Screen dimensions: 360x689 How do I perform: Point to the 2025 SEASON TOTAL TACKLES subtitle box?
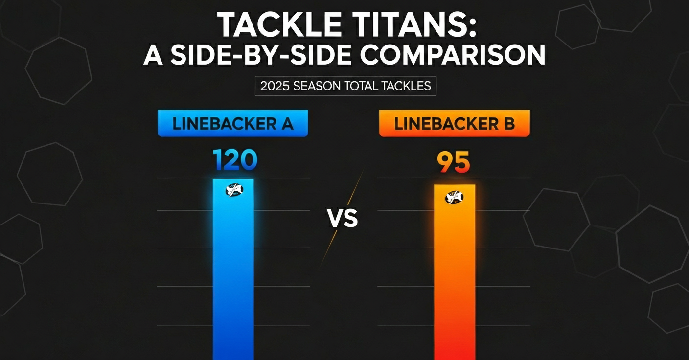[345, 87]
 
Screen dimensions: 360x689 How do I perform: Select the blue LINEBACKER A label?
[232, 123]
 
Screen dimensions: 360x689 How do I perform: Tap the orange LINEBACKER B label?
[454, 124]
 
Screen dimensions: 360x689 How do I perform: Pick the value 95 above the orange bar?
[454, 162]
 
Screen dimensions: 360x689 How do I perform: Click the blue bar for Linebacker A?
[233, 274]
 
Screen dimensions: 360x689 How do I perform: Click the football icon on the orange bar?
[454, 197]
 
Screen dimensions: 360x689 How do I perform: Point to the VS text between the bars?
[343, 219]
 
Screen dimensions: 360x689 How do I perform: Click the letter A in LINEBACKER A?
[286, 123]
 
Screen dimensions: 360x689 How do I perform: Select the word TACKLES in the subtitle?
[407, 87]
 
